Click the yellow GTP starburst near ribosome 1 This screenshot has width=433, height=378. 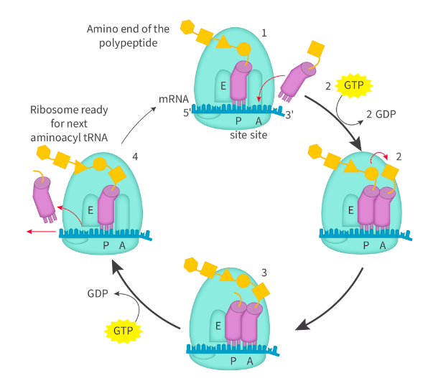point(353,85)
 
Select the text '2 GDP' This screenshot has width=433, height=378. point(382,114)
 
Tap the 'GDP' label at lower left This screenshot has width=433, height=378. point(99,293)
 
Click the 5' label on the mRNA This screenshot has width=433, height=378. point(187,113)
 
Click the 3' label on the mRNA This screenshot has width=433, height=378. point(289,113)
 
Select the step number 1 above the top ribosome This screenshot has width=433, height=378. point(264,33)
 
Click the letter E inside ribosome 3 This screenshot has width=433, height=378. point(218,325)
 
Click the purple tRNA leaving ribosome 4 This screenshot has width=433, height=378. point(45,198)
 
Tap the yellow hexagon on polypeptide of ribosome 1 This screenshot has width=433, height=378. point(187,27)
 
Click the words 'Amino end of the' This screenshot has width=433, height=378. point(127,29)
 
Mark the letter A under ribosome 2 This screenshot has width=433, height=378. point(383,245)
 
